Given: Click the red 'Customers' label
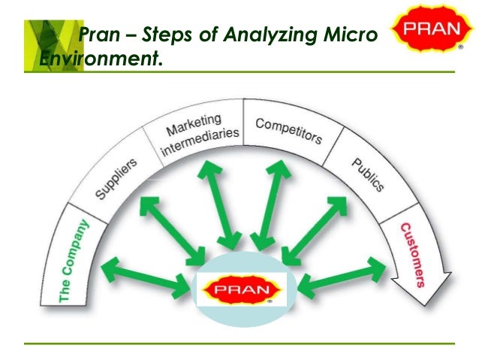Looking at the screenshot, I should (x=411, y=255).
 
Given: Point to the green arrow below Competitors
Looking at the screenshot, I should (x=270, y=202).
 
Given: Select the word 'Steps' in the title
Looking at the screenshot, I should (x=157, y=33).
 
